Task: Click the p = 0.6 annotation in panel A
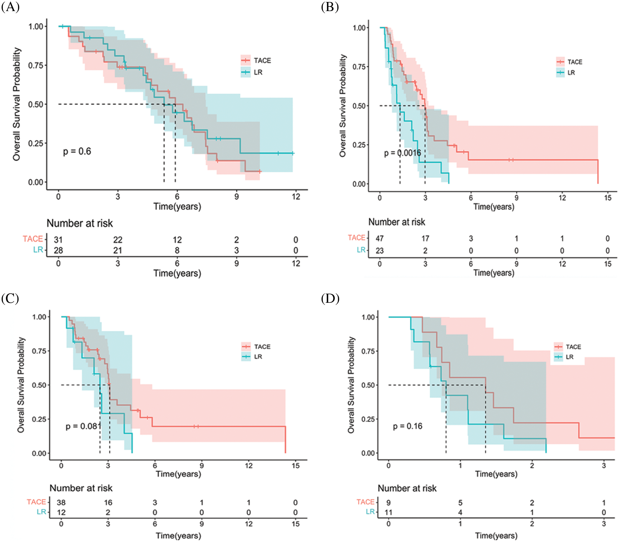point(77,151)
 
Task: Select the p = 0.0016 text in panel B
point(402,153)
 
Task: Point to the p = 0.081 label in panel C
point(83,426)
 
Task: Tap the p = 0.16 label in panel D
point(408,426)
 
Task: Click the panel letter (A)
point(10,7)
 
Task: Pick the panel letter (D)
point(330,298)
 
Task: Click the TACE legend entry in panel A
point(256,61)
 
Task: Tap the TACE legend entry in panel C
point(256,347)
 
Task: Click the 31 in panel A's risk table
point(58,240)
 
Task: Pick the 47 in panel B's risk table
point(380,239)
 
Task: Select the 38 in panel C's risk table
point(61,503)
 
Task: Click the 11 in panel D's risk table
point(388,512)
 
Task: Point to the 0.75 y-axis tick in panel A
point(36,66)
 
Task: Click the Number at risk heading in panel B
point(396,222)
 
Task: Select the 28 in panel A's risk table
point(58,250)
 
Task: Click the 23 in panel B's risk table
point(380,251)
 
